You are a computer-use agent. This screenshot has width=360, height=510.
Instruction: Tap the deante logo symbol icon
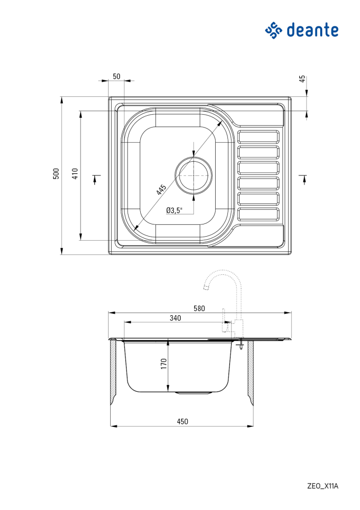coord(273,30)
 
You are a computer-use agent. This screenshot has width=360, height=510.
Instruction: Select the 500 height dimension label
coord(57,173)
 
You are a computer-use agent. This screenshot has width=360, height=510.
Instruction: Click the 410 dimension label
coord(74,173)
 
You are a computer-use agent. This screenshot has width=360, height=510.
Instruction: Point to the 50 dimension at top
coord(116,76)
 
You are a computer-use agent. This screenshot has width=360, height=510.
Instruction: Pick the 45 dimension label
coord(302,79)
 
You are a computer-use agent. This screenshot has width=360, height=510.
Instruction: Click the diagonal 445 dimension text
coord(161,190)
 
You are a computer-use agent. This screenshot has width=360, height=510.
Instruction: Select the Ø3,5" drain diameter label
coord(174,210)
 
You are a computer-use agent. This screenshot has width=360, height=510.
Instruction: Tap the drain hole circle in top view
coord(193,175)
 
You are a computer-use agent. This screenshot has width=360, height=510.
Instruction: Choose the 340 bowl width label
coord(175,318)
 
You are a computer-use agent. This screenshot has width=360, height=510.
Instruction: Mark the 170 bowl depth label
coord(164,364)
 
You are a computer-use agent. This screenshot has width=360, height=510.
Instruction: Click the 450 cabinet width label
coord(182,421)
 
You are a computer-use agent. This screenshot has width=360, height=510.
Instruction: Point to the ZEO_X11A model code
coord(322,486)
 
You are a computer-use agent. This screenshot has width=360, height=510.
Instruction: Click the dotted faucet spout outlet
coord(206,289)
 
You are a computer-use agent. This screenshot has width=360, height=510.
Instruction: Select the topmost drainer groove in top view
coord(259,137)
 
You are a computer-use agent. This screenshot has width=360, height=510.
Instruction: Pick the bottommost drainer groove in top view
coord(259,214)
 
